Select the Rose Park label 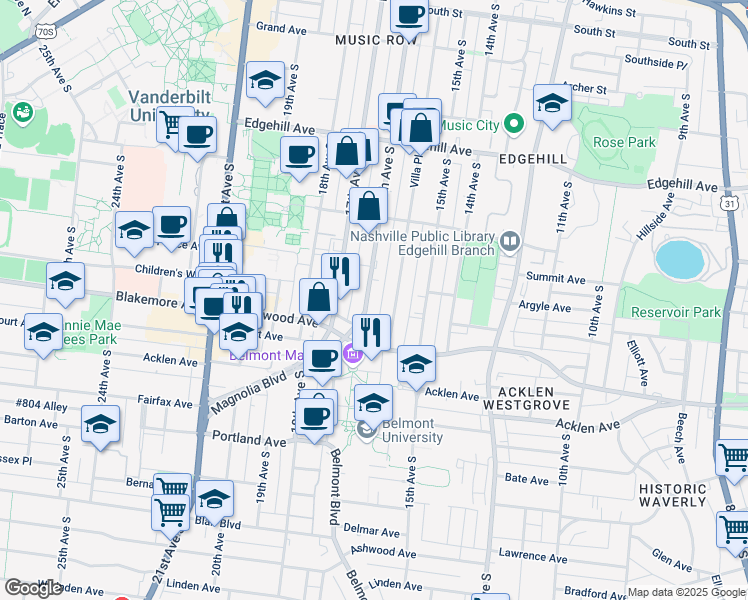(x=624, y=142)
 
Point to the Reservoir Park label (x=676, y=312)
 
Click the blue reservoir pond (x=681, y=259)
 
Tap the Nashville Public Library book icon (x=510, y=240)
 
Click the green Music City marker (x=514, y=125)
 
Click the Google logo (x=33, y=587)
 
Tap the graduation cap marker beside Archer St (x=552, y=102)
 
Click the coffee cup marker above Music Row (x=408, y=14)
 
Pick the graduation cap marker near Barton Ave (x=100, y=424)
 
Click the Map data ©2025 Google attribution (x=686, y=592)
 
